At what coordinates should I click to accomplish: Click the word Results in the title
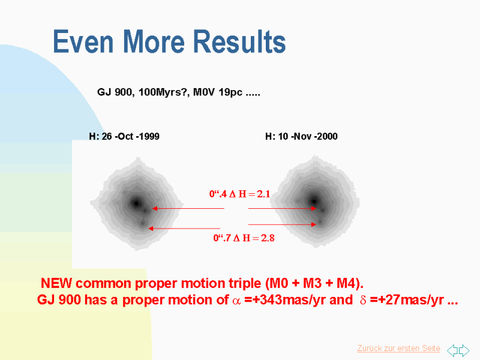[239, 41]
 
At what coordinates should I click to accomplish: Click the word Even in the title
[83, 41]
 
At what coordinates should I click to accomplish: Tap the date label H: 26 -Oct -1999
[124, 136]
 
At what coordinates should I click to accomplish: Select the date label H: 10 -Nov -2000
[301, 136]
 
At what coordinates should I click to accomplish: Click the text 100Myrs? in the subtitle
[164, 92]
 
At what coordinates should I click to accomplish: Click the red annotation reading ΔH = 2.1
[250, 194]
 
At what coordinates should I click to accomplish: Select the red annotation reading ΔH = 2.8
[254, 238]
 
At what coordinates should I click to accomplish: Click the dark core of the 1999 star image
[137, 203]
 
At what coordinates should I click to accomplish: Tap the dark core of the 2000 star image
[314, 201]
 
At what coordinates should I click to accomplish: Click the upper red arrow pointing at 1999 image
[188, 208]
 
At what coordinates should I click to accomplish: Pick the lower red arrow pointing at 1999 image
[184, 229]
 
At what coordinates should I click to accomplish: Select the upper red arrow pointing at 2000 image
[282, 208]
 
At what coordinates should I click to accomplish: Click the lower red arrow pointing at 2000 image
[282, 224]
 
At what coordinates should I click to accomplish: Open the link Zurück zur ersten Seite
[398, 349]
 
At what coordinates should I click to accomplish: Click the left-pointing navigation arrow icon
[452, 350]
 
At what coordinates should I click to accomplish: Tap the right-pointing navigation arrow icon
[464, 350]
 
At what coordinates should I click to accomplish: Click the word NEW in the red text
[56, 283]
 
